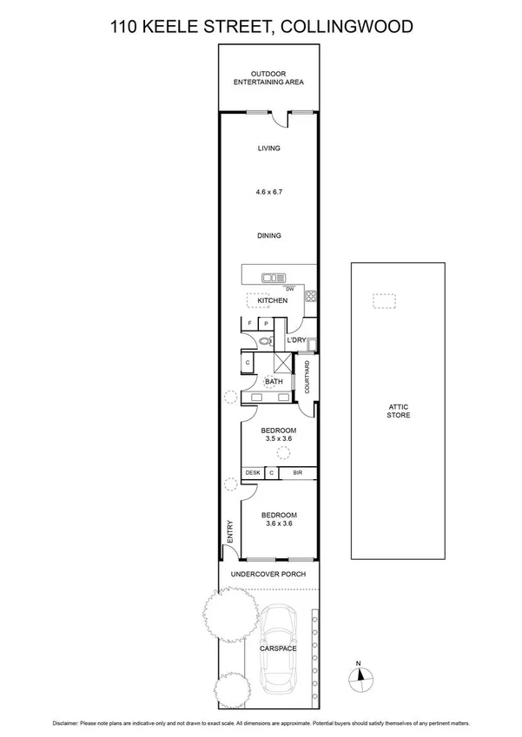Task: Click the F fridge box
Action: (x=250, y=324)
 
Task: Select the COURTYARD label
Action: (x=308, y=376)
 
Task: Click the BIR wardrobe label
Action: (x=297, y=473)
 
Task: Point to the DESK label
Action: (x=253, y=473)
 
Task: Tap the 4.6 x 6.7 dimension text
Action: (x=269, y=191)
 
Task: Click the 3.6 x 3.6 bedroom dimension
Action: (x=279, y=524)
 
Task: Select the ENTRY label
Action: (x=230, y=531)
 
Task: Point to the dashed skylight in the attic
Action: (x=384, y=301)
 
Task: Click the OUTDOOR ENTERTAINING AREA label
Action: (x=268, y=78)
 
